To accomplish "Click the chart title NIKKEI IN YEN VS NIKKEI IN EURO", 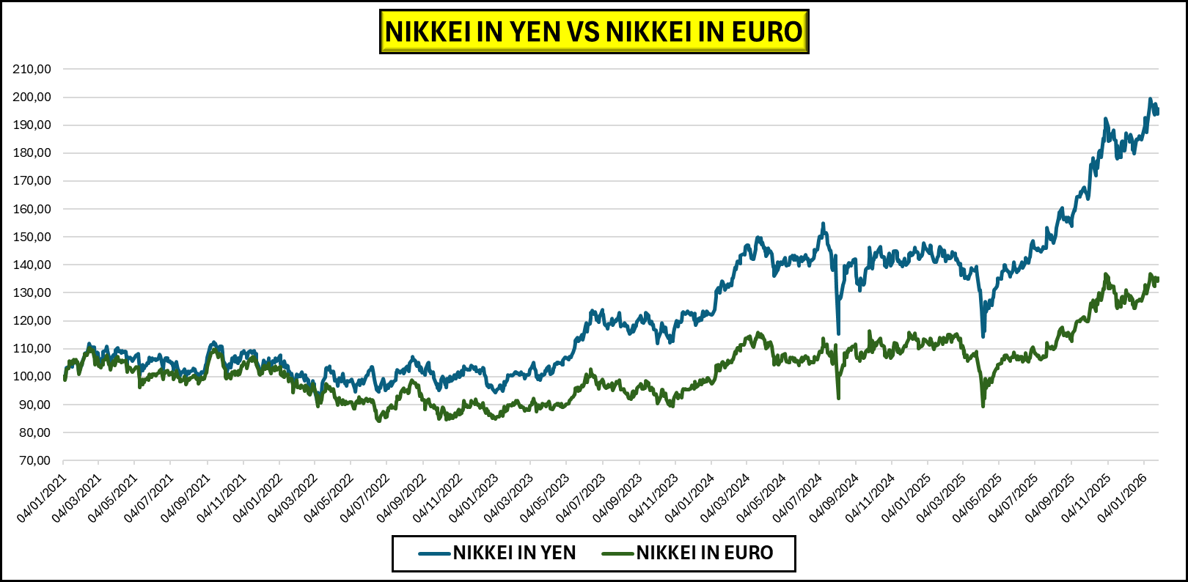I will click(x=594, y=32).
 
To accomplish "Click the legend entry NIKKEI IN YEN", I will click(x=514, y=553).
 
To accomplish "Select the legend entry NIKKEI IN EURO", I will click(x=704, y=553).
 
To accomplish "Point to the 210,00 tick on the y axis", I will click(x=32, y=69).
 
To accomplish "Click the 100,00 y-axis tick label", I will click(x=32, y=377).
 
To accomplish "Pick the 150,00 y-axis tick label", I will click(x=32, y=237).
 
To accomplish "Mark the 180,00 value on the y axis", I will click(x=32, y=153).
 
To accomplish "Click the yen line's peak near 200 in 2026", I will click(x=1150, y=99).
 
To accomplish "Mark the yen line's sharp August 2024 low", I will click(x=838, y=334).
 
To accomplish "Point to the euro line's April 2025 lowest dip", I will click(x=983, y=405).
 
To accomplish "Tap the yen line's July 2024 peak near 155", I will click(x=823, y=224).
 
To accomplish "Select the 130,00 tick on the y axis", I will click(x=32, y=292).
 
